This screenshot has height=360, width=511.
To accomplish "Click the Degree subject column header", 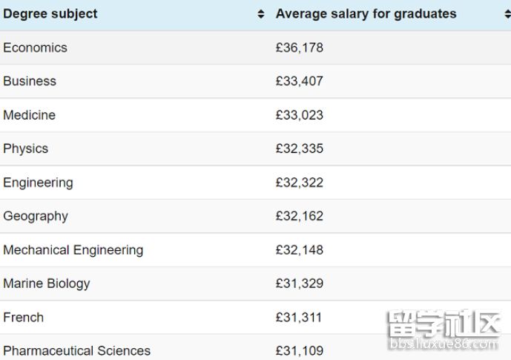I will point(50,14).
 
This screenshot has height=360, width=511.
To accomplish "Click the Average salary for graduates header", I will point(366,14).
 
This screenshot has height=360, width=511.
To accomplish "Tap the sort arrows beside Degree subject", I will point(260,14).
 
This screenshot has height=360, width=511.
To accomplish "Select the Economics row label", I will point(35,48).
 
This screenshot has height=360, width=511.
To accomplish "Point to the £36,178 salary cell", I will point(299,48).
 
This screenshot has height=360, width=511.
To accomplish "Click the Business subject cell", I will point(30,81).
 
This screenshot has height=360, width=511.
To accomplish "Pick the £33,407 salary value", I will point(299,81).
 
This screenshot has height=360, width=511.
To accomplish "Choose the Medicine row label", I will point(29,115).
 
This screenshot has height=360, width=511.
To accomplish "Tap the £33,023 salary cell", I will point(299,115).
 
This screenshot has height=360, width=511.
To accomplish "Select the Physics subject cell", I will point(25,148).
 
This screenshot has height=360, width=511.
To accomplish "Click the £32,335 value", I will point(299,148).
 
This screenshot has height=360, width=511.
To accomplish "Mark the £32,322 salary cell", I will point(299,183).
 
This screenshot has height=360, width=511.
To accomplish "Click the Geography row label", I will point(36,216).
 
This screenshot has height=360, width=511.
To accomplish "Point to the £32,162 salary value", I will point(299,216).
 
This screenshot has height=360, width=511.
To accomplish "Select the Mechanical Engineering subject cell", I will point(73,250).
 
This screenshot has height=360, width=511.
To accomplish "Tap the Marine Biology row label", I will point(46,284).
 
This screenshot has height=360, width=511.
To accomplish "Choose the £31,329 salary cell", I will point(299,284).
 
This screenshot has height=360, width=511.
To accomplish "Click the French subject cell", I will point(23,317).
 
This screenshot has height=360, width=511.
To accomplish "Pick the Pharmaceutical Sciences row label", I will point(76,350).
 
